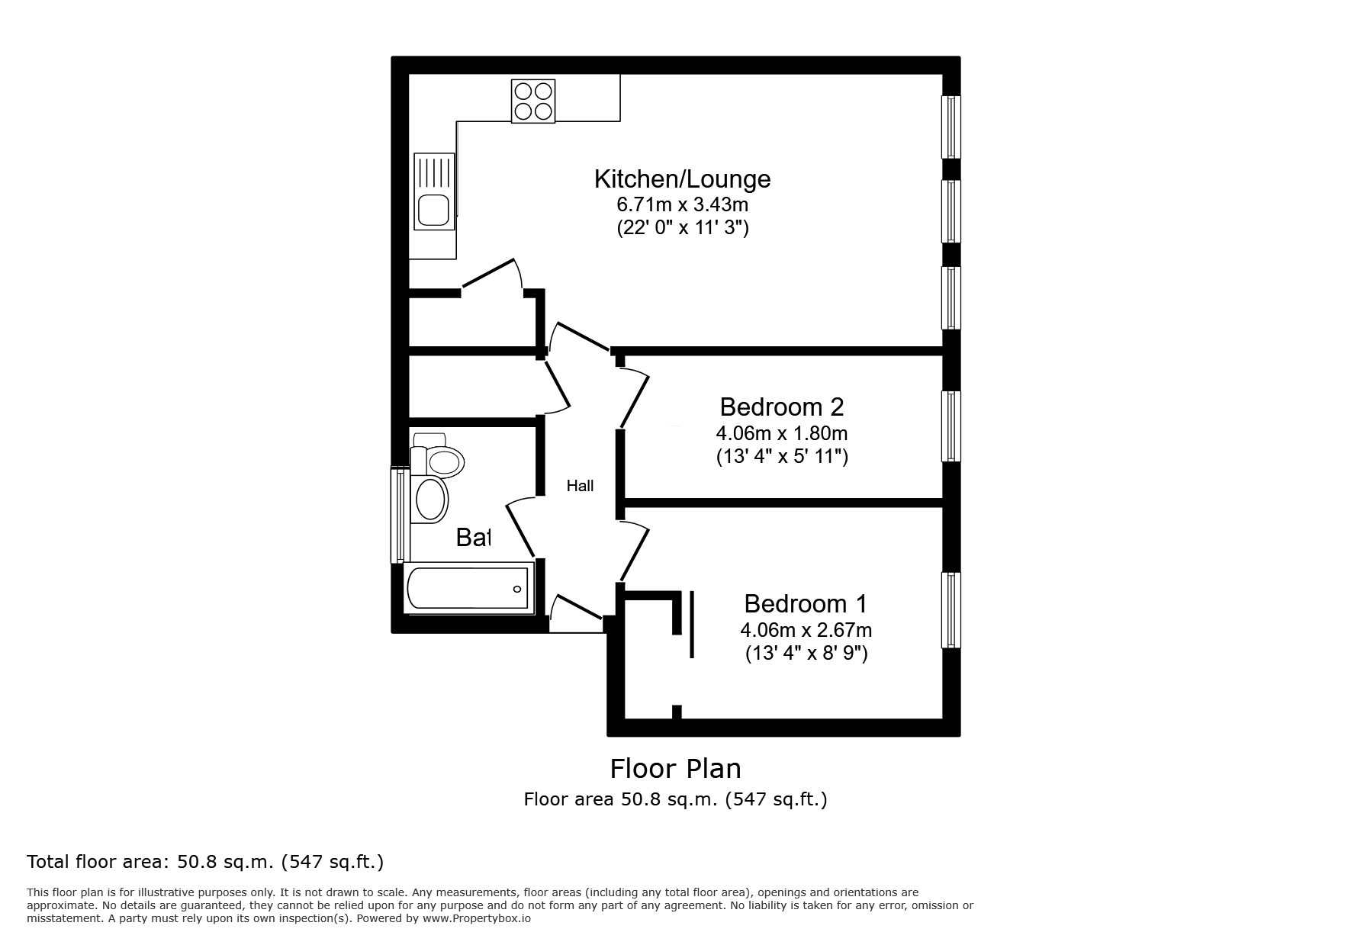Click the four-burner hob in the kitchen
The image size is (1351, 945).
click(532, 101)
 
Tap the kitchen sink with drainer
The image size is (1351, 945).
click(433, 191)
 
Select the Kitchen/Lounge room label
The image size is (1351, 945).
click(682, 179)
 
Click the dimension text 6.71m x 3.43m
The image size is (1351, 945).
click(682, 204)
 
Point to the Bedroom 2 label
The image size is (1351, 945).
click(781, 407)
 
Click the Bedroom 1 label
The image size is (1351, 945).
click(806, 604)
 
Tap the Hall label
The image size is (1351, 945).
click(580, 486)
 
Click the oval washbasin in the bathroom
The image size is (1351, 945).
click(430, 500)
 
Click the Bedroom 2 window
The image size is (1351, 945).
click(951, 426)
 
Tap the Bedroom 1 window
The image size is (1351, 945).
click(951, 610)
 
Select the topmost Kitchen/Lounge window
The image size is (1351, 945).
click(951, 127)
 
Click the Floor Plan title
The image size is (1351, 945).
click(675, 768)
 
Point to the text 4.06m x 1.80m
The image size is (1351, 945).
click(781, 433)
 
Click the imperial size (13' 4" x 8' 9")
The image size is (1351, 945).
click(806, 654)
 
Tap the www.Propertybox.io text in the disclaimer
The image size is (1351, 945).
click(476, 918)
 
